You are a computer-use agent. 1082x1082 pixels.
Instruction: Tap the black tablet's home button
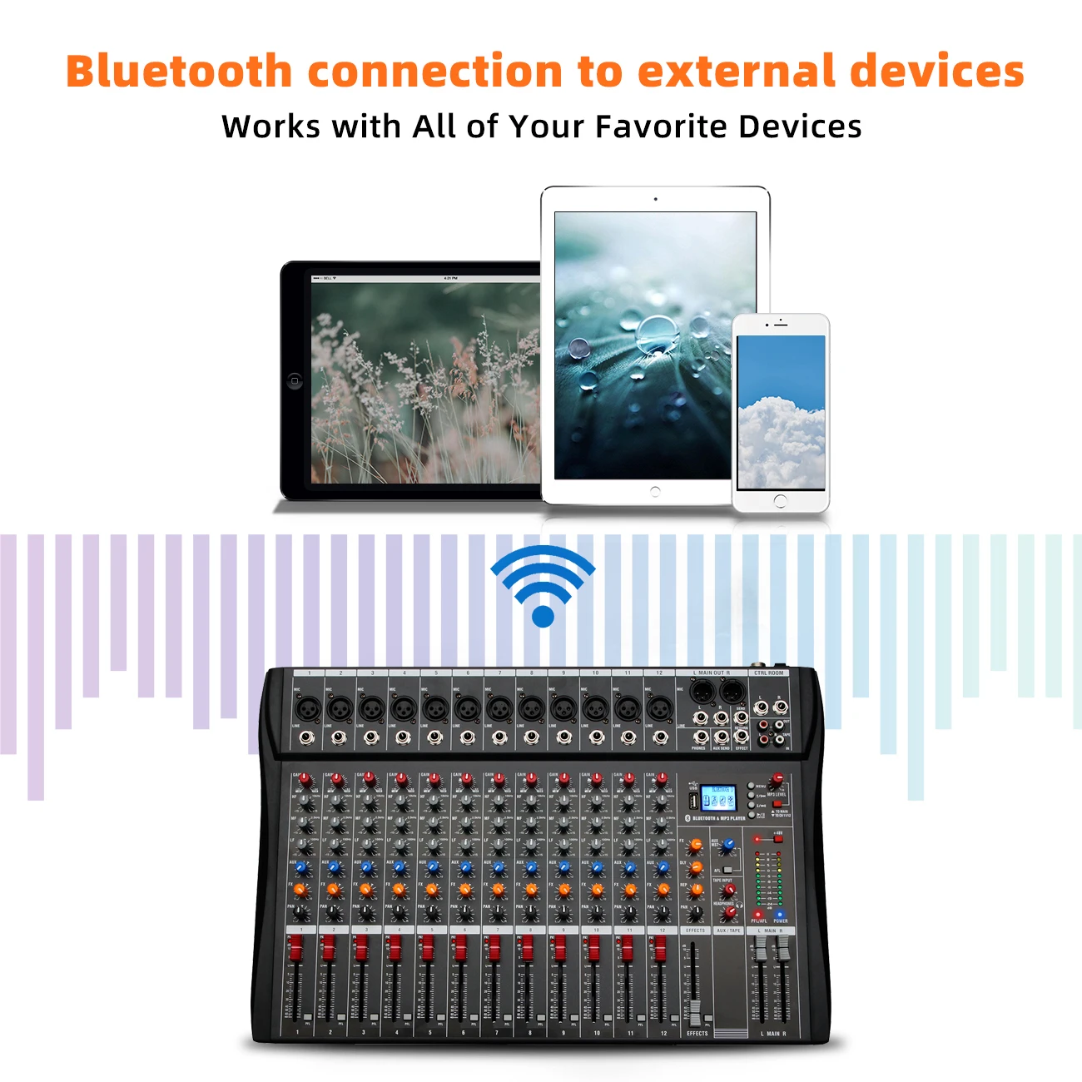pyautogui.click(x=294, y=381)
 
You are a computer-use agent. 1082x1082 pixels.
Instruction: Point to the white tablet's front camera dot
pyautogui.click(x=655, y=199)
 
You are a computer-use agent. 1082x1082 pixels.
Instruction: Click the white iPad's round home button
pyautogui.click(x=655, y=492)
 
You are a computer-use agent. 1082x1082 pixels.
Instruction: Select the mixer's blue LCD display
pyautogui.click(x=717, y=797)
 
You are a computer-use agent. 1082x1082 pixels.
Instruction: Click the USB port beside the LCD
pyautogui.click(x=692, y=801)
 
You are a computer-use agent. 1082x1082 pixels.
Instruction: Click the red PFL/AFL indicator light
pyautogui.click(x=757, y=914)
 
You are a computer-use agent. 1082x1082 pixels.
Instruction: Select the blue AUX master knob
pyautogui.click(x=728, y=844)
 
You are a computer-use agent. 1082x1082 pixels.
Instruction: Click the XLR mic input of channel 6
pyautogui.click(x=467, y=710)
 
